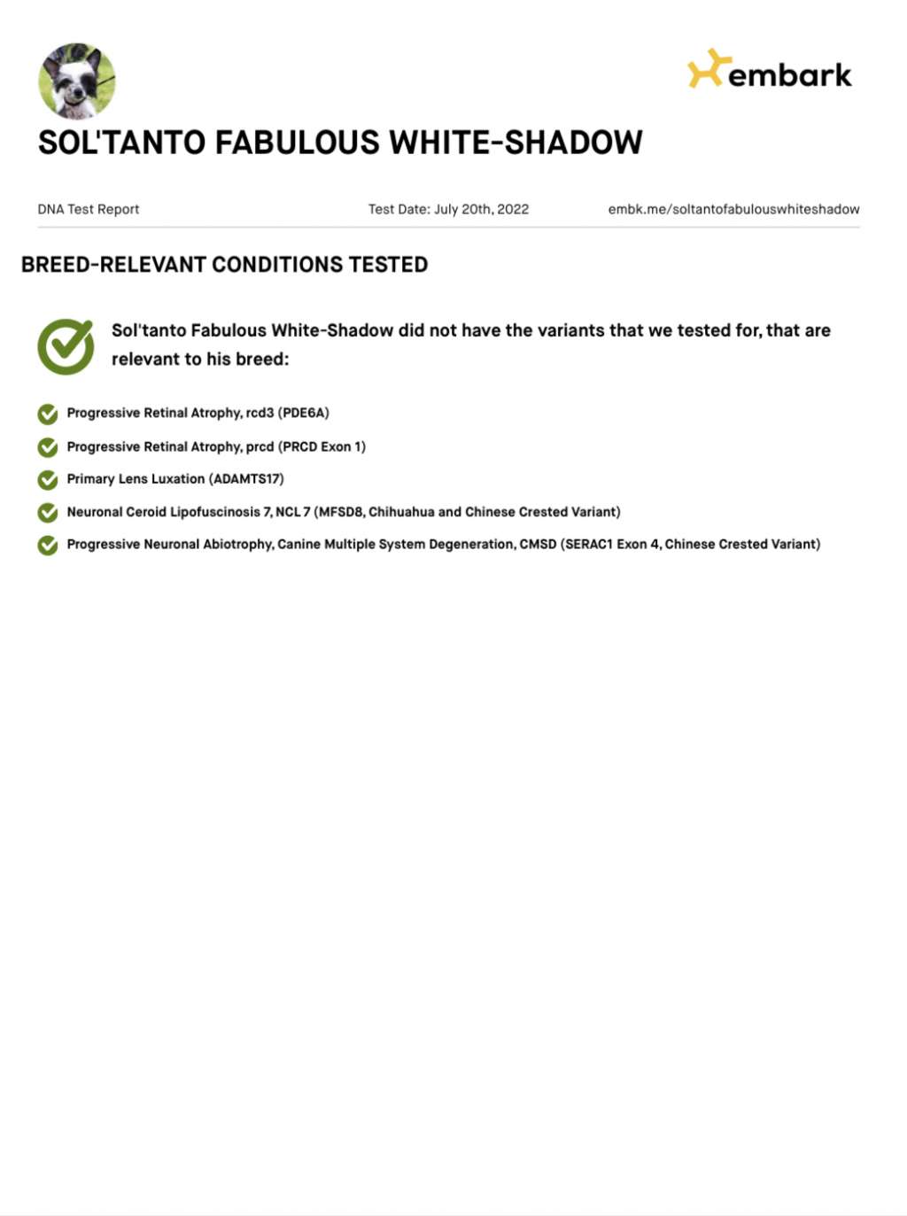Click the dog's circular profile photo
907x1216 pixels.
point(77,81)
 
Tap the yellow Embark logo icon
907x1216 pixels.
point(708,68)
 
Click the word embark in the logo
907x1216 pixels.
point(789,75)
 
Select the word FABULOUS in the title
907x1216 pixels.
point(296,143)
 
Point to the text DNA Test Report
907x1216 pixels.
point(89,209)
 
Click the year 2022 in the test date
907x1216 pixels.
point(513,209)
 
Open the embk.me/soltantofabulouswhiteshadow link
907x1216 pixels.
point(733,209)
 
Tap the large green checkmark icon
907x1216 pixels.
point(66,345)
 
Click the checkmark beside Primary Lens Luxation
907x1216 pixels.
point(48,479)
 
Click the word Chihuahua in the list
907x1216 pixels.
point(401,512)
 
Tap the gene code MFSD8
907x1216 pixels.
point(341,512)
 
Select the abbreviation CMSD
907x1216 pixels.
point(538,544)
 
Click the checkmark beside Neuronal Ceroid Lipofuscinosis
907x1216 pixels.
point(48,513)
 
